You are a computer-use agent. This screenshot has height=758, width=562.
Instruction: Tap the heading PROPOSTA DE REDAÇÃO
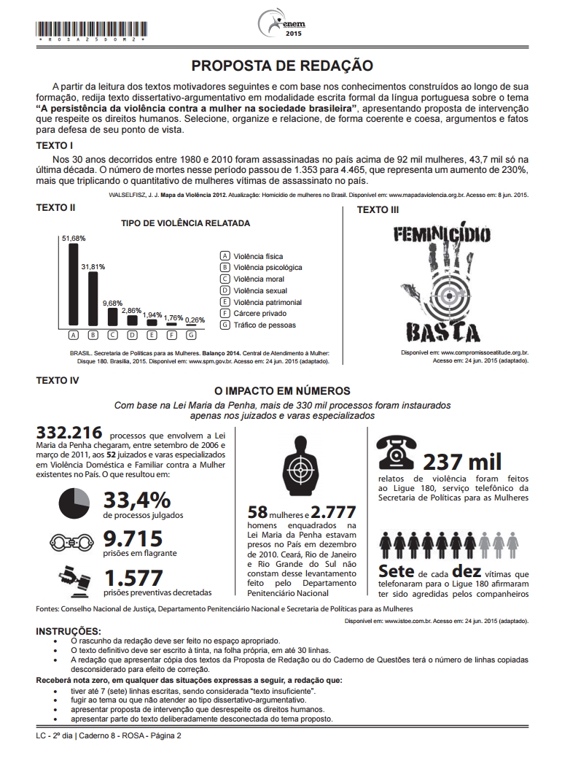281,66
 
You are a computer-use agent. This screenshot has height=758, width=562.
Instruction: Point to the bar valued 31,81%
93,298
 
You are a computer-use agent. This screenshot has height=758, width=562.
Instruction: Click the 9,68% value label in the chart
112,302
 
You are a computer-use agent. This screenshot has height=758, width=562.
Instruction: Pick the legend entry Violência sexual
249,290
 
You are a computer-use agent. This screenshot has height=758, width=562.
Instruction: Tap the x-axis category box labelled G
191,336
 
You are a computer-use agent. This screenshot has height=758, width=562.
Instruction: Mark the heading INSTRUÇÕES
69,630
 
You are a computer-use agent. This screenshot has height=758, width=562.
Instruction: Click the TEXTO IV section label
58,379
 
